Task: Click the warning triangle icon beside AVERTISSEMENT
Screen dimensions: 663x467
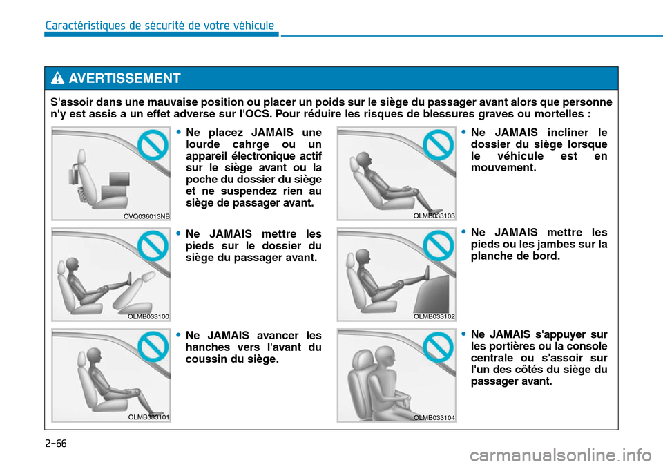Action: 57,78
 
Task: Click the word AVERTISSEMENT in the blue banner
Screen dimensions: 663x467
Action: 125,78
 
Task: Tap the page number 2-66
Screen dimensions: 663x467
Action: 56,444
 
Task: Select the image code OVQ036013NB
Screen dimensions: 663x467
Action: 146,216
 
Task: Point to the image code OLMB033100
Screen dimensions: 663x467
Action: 148,316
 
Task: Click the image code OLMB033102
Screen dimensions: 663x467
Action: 434,316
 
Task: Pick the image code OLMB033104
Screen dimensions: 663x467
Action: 434,417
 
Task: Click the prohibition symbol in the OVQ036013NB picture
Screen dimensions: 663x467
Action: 153,144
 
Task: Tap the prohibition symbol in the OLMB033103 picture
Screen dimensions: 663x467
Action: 439,144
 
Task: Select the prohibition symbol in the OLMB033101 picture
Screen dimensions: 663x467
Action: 153,346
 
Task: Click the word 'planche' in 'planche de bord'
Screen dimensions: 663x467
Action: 490,256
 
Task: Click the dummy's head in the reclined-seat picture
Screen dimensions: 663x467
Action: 364,160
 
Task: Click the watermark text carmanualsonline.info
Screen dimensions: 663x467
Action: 560,455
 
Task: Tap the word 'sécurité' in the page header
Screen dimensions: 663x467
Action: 165,26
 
